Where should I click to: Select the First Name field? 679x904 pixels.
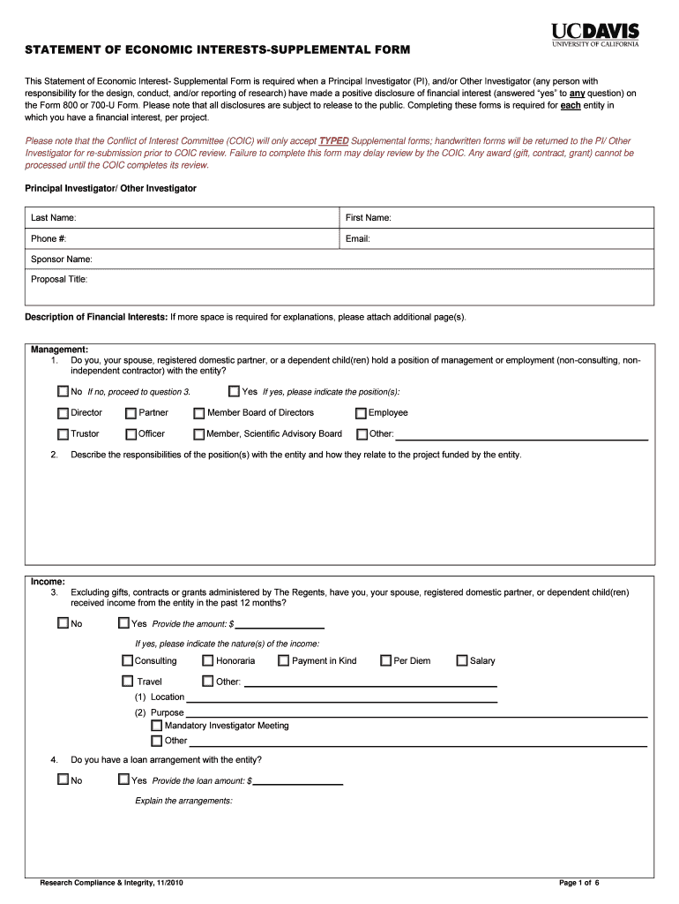point(497,218)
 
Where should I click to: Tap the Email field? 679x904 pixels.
point(497,239)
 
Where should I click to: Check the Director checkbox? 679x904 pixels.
point(63,413)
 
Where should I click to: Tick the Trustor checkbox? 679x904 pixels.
point(63,434)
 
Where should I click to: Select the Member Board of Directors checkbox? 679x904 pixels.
point(199,413)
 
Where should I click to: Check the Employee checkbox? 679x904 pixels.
point(361,413)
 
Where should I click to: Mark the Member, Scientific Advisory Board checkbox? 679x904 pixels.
point(199,434)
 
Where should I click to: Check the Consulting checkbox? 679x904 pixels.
point(127,660)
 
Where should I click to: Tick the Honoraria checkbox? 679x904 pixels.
point(208,660)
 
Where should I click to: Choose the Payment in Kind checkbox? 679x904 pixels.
point(284,660)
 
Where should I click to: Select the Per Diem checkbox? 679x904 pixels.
point(385,660)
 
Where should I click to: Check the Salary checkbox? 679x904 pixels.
point(462,660)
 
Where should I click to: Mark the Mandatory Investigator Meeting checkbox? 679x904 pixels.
point(157,726)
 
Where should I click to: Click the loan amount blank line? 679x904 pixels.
point(297,781)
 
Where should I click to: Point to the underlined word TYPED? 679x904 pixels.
point(333,141)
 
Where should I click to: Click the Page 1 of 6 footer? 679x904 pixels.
point(578,883)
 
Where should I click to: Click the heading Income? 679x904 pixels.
point(48,582)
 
